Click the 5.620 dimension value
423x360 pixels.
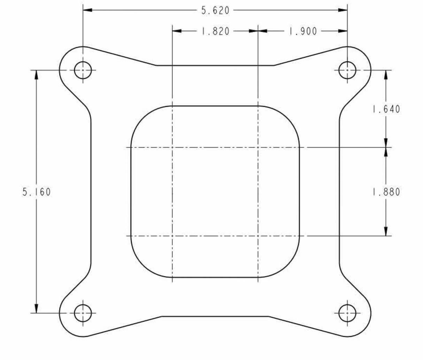(x=215, y=10)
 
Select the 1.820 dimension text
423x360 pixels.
(x=215, y=31)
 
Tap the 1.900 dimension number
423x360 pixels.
(x=303, y=31)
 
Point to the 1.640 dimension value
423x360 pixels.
(x=386, y=109)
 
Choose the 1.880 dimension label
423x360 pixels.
(x=386, y=192)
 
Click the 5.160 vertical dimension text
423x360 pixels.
(x=37, y=192)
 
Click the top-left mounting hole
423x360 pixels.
(x=83, y=70)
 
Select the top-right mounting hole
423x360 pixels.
(x=347, y=70)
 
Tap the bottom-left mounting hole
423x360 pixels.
(x=83, y=313)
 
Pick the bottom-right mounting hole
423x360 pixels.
(x=347, y=313)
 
